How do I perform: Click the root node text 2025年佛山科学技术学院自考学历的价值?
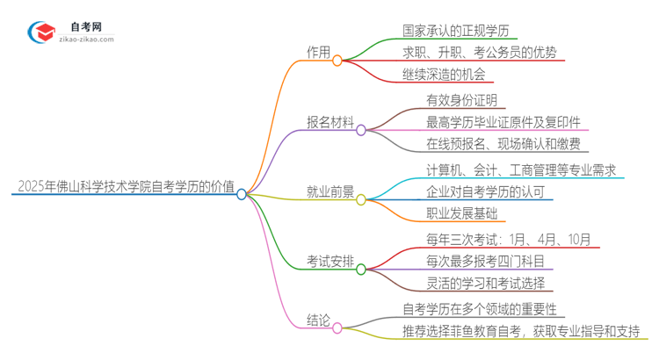(124, 186)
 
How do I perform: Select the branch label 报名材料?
(329, 123)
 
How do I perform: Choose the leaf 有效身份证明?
(461, 100)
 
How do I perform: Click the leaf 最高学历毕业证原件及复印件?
(503, 122)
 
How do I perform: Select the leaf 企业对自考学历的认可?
(485, 192)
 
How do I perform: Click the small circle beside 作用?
(337, 60)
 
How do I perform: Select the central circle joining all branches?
(242, 193)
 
